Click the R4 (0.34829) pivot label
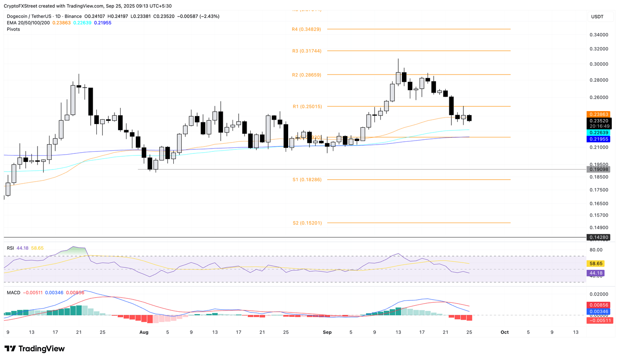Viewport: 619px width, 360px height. coord(306,29)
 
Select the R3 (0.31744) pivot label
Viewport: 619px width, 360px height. coord(307,51)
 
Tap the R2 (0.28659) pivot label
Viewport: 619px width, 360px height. coord(307,75)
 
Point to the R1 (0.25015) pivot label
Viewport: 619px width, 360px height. coord(307,107)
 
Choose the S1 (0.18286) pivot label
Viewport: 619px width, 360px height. coord(307,180)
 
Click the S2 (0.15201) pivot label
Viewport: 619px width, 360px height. coord(307,223)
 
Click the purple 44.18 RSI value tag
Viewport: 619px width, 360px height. coord(596,273)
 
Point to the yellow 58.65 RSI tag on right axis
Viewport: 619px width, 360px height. coord(596,264)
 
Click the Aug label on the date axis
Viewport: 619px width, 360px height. coord(144,333)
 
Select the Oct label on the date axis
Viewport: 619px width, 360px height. coord(505,333)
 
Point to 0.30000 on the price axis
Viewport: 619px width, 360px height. coord(599,64)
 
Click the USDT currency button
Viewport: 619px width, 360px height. coord(597,17)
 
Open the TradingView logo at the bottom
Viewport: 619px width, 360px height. coord(35,349)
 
